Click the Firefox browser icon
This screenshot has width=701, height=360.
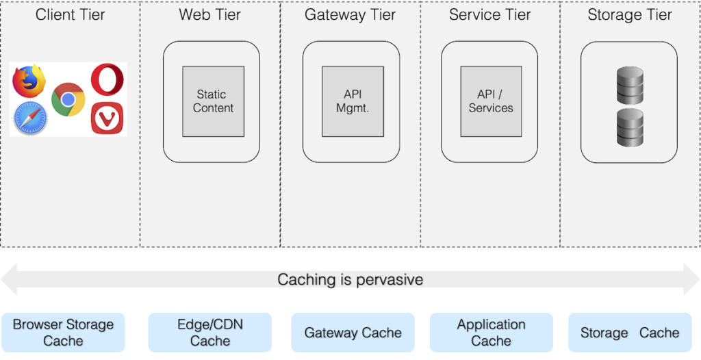coord(29,81)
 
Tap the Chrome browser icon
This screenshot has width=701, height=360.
coord(68,99)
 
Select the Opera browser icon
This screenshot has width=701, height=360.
coord(107,79)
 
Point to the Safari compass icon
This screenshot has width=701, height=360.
coord(30,117)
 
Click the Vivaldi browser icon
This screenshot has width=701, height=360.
coord(107,118)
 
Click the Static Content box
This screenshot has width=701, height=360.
coord(213,101)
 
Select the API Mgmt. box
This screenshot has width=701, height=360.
coord(353,101)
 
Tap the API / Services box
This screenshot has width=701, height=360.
coord(491,101)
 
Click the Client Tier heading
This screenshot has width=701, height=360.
coord(71,14)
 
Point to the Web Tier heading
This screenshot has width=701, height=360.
coord(210,14)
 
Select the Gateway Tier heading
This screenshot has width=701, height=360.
coord(350,14)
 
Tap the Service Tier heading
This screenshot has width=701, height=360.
coord(489,14)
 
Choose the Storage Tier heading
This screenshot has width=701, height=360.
coord(630,14)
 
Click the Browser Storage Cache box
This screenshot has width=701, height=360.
coord(63,333)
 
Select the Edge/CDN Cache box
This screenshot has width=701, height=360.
coord(210,333)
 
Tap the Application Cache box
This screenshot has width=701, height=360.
coord(492,333)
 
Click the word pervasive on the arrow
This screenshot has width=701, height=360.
coord(390,280)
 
